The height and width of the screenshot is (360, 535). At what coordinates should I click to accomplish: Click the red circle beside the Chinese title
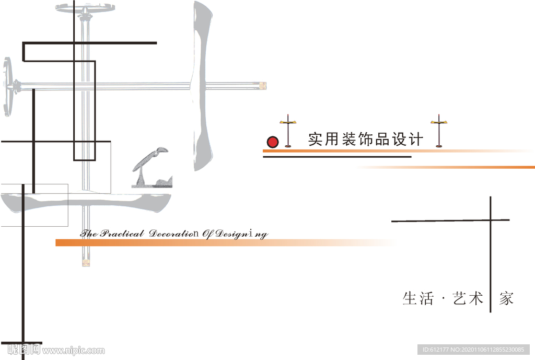tap(272, 142)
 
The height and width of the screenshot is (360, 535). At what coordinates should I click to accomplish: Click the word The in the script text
tap(89, 234)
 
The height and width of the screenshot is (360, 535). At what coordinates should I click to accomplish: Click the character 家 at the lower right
tap(506, 298)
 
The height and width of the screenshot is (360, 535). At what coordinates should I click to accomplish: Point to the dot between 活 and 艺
tap(443, 299)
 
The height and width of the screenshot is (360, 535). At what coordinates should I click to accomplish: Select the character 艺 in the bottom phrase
tap(459, 298)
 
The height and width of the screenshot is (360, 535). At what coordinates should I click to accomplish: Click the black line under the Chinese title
tap(337, 156)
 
